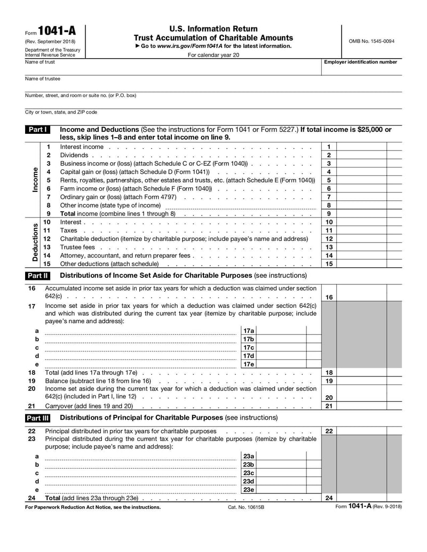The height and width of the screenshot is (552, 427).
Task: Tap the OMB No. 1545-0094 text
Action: click(x=371, y=41)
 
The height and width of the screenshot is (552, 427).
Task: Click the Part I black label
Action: click(x=37, y=130)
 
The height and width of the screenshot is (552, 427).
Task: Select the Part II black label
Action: click(x=38, y=276)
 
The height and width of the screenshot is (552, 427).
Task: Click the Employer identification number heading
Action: click(x=361, y=62)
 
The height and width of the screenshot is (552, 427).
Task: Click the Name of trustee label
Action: click(x=43, y=78)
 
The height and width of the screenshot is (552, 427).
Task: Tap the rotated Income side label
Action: click(x=35, y=180)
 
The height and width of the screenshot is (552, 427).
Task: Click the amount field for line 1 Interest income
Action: click(x=362, y=147)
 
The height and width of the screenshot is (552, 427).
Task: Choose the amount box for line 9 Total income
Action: click(x=362, y=213)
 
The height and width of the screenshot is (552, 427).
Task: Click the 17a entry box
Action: click(x=282, y=331)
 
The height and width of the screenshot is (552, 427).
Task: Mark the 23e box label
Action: click(x=248, y=490)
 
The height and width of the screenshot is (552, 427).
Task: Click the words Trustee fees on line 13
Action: click(x=77, y=247)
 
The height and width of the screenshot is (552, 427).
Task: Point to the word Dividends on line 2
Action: click(x=74, y=155)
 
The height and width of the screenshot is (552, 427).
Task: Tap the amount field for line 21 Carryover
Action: click(x=362, y=406)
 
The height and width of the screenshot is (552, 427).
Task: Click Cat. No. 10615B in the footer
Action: click(x=246, y=507)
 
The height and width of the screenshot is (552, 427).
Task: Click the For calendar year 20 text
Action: click(x=213, y=54)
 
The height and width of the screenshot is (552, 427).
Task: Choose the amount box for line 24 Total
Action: click(x=362, y=498)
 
